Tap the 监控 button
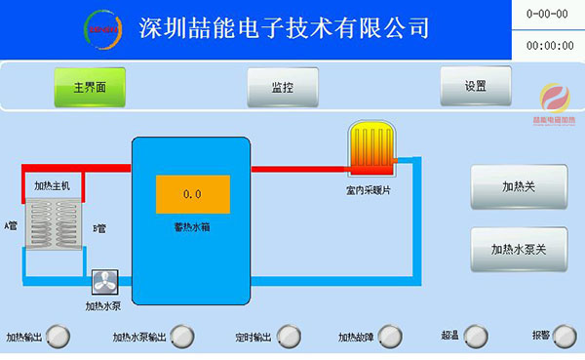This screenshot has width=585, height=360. tap(283, 87)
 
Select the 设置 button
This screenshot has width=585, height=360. tap(476, 86)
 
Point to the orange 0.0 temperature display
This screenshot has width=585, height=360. tap(192, 194)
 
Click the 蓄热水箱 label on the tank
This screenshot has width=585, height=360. tap(192, 226)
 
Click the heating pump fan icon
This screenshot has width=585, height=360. tap(103, 282)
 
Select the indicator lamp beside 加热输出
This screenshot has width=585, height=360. tap(59, 337)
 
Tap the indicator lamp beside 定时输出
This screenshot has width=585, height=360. tap(287, 337)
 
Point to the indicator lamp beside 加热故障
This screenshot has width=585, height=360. tap(388, 337)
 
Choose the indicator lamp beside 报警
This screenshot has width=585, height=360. tap(566, 337)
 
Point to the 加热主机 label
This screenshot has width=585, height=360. tap(53, 183)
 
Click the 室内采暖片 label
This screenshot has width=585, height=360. tap(369, 189)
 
